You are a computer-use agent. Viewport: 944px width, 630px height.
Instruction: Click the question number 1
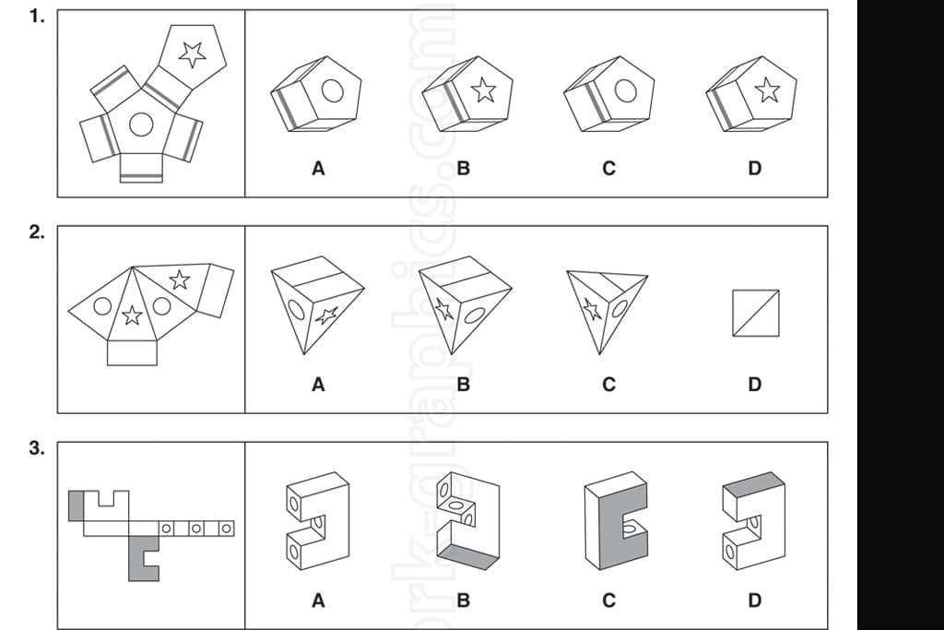pos(36,17)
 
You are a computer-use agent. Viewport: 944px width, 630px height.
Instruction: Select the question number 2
pos(36,232)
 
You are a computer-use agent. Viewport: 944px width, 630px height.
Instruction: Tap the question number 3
pos(36,449)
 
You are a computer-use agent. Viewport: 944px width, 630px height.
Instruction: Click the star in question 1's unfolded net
pos(192,54)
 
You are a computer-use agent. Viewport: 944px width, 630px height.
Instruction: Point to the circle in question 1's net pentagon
pos(141,124)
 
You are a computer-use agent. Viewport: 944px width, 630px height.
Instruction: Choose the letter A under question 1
pos(318,169)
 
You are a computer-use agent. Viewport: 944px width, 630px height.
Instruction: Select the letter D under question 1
pos(755,169)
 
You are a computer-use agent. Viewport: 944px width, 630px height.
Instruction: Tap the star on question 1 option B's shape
pos(482,90)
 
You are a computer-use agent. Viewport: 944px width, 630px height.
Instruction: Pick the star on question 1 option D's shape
pos(766,90)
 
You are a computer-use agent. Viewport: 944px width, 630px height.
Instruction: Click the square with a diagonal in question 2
pos(755,314)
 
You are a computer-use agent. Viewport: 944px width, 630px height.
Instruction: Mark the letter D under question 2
pos(755,385)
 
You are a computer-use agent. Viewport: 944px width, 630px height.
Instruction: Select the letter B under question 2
pos(464,385)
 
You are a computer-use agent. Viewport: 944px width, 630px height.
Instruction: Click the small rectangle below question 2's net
pos(132,352)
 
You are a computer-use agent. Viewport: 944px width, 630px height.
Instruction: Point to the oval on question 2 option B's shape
pos(476,315)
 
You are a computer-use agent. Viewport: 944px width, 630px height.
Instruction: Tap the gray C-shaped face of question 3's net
pos(141,559)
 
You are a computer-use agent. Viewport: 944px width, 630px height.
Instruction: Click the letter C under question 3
pos(609,600)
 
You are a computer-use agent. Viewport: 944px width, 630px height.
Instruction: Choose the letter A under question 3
pos(318,600)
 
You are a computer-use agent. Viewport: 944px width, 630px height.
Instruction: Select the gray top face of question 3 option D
pos(753,482)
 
